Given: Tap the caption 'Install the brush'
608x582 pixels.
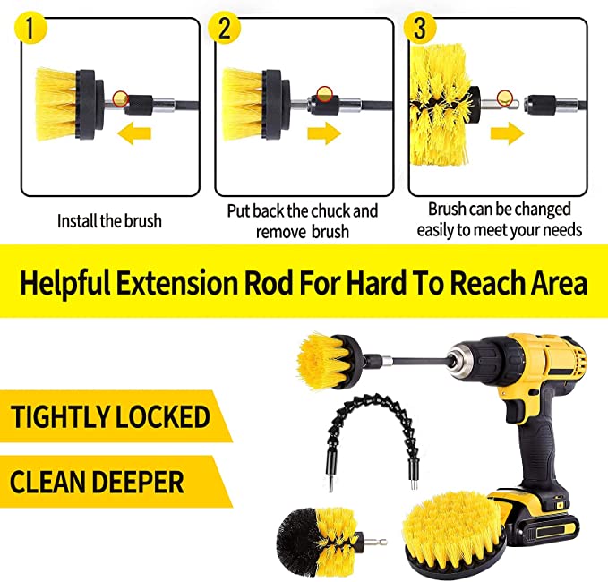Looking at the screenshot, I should coord(109,220).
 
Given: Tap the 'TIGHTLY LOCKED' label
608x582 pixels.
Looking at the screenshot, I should coord(110,416).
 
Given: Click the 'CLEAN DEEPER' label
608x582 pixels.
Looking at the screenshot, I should coord(98,483).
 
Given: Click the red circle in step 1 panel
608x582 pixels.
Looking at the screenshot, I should coord(123,97).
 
